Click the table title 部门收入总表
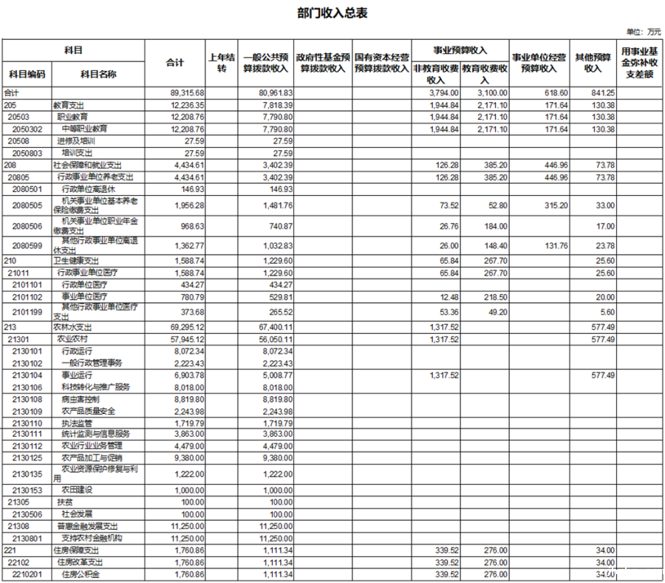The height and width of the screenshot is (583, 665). pos(332,13)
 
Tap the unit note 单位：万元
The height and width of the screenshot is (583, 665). pos(644,32)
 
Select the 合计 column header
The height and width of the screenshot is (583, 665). pos(174,63)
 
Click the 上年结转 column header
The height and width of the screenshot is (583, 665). pos(221,63)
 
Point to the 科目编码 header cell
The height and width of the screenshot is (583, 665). pos(27,74)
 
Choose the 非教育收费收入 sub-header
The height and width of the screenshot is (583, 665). pos(436,74)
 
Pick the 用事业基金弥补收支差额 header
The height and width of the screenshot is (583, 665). pos(639,63)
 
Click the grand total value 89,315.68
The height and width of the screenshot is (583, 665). pos(187,92)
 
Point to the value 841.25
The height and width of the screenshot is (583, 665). pos(603,92)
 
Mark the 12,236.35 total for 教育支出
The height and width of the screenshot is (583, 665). pos(187,105)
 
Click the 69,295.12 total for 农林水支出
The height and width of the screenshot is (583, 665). pos(187,326)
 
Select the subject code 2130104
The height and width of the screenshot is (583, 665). pos(27,375)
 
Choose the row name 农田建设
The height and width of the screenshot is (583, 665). pos(77,490)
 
